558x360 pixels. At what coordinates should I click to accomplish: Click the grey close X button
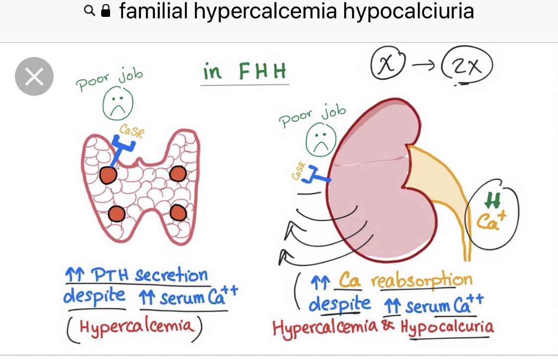pos(34,76)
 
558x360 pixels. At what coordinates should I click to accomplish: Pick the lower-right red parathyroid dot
pos(179,213)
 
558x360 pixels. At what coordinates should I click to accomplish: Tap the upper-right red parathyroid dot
pos(178,174)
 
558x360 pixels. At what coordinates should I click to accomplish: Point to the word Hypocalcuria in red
pos(447,327)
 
